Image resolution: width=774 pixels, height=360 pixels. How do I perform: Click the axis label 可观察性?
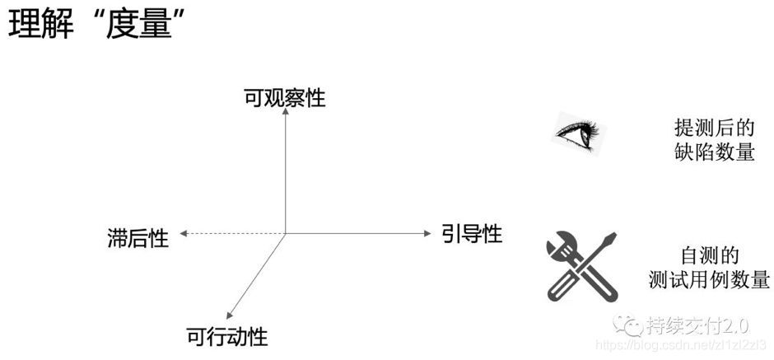pyautogui.click(x=285, y=99)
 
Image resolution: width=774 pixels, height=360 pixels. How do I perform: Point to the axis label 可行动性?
pyautogui.click(x=227, y=337)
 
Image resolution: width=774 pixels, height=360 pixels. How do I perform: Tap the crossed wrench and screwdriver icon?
pyautogui.click(x=581, y=265)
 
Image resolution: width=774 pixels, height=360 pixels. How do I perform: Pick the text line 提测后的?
pyautogui.click(x=714, y=128)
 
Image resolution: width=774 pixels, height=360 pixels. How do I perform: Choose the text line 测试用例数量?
pyautogui.click(x=709, y=279)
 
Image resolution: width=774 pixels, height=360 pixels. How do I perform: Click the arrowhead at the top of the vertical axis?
pyautogui.click(x=285, y=114)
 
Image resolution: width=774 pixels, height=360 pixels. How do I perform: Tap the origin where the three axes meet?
pyautogui.click(x=285, y=234)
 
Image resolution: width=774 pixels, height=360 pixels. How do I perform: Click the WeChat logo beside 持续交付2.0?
pyautogui.click(x=633, y=325)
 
